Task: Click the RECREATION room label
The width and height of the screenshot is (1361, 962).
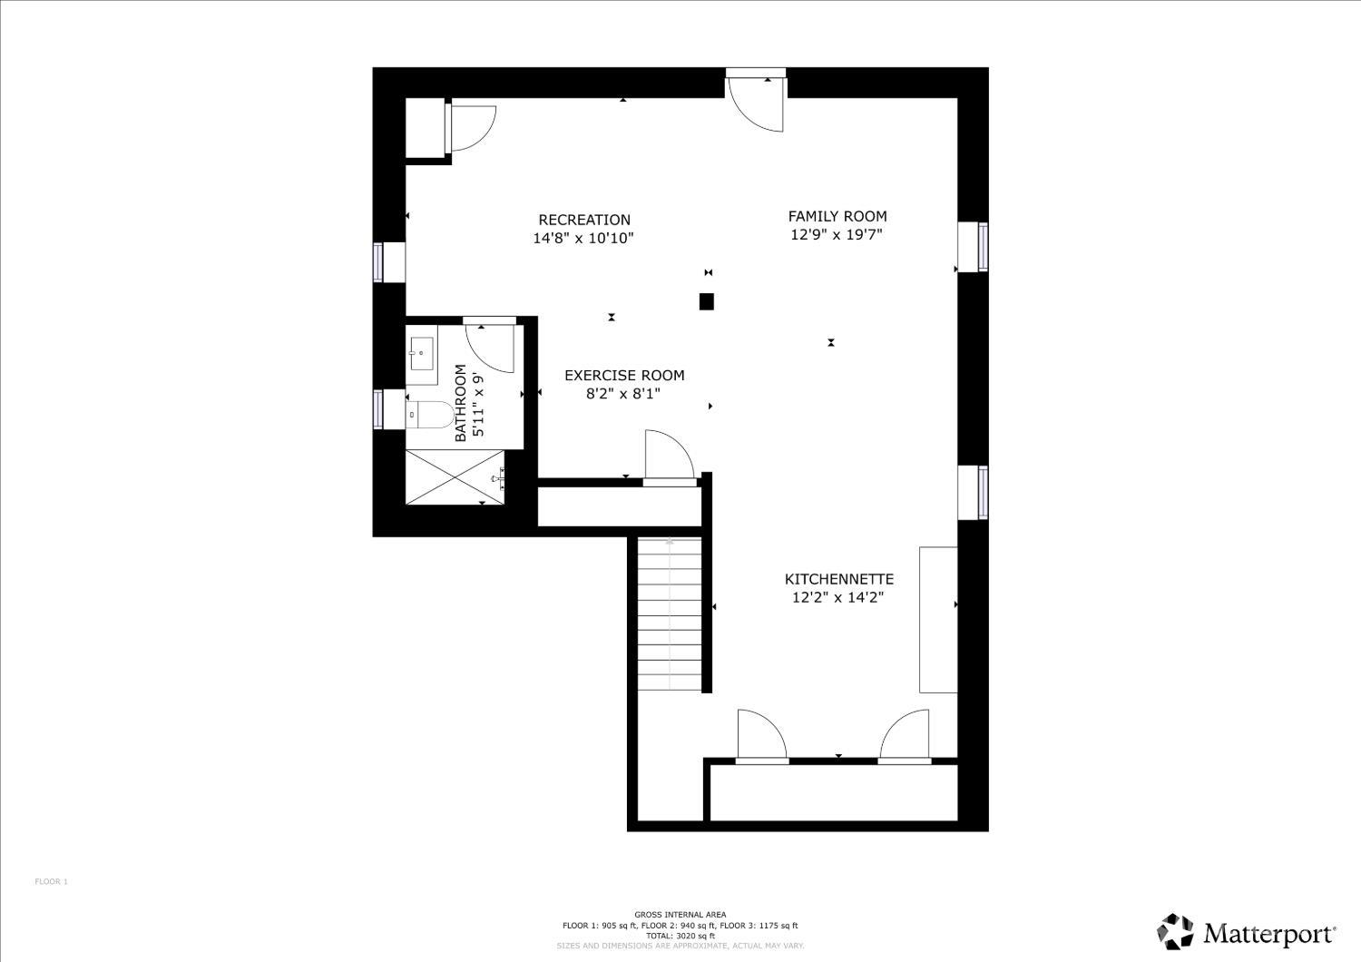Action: pos(584,220)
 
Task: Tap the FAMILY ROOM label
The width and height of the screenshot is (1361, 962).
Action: pos(837,216)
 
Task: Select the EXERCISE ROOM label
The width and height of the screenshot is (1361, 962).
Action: pos(624,376)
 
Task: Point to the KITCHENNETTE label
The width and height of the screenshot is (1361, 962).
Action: pos(839,579)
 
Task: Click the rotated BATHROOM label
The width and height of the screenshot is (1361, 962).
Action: pos(461,403)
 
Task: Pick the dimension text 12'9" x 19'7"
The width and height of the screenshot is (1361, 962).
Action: pos(836,234)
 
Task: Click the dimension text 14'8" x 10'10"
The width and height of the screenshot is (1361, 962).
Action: pos(583,238)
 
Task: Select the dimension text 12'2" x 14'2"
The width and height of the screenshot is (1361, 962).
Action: pos(837,597)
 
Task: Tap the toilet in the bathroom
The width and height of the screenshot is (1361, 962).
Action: pos(430,415)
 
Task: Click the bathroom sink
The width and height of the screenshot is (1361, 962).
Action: pos(421,354)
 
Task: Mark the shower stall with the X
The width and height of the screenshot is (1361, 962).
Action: pos(455,477)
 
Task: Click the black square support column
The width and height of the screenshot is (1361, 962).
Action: pos(706,301)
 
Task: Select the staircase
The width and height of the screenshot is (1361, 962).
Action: pos(669,614)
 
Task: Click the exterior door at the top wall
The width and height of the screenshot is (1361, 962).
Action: pos(756,100)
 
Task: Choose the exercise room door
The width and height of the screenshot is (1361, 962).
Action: pos(669,457)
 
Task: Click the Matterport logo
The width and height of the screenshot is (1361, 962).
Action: pos(1247,931)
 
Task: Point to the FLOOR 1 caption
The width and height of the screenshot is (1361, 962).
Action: pos(51,882)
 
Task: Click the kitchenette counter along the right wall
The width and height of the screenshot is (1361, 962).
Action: pos(938,619)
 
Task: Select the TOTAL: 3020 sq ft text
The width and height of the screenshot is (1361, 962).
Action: pos(680,936)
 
